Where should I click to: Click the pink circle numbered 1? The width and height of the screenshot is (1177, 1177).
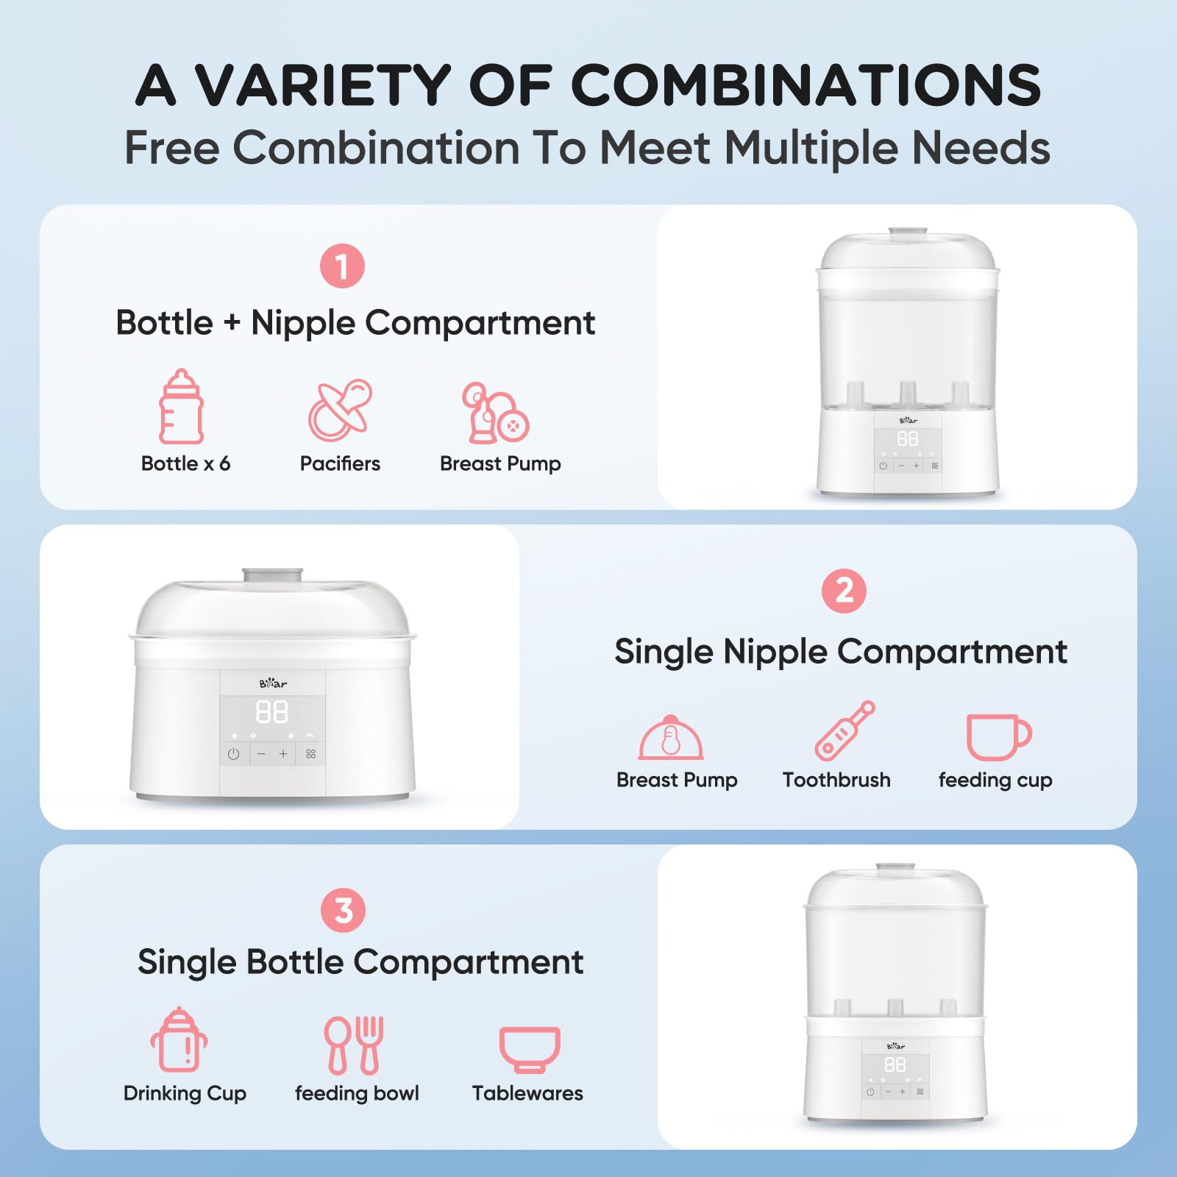coord(342,266)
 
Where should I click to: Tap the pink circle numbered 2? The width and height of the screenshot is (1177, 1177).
coord(844,591)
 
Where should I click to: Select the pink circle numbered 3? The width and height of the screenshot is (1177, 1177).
coord(343,911)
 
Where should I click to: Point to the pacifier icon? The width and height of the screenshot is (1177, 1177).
coord(340,410)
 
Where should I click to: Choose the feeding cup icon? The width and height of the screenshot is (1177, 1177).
coord(998,736)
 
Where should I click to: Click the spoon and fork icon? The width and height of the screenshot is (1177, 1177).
coord(355,1045)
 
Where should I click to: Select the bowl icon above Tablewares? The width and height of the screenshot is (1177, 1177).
coord(530,1049)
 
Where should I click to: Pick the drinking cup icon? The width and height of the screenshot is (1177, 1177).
coord(179,1040)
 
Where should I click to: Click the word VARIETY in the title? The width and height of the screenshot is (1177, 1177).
coord(322,85)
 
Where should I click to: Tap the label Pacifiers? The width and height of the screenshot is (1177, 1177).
coord(340,463)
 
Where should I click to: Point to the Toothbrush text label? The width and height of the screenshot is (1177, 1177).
coord(836,780)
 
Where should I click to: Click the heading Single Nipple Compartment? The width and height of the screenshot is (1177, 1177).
coord(841,652)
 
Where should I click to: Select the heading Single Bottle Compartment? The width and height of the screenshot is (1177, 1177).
coord(360,962)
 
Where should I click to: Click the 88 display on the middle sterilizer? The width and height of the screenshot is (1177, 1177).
coord(271,711)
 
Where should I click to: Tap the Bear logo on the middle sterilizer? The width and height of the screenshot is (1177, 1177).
coord(273,683)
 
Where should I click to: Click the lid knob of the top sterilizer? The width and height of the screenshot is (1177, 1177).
coord(908,232)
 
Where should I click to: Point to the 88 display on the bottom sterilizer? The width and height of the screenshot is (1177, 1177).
coord(895,1064)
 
